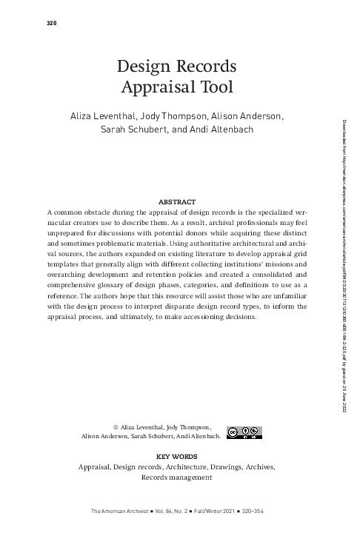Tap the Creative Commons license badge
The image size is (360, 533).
click(x=244, y=432)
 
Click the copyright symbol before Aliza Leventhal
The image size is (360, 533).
click(x=116, y=427)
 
